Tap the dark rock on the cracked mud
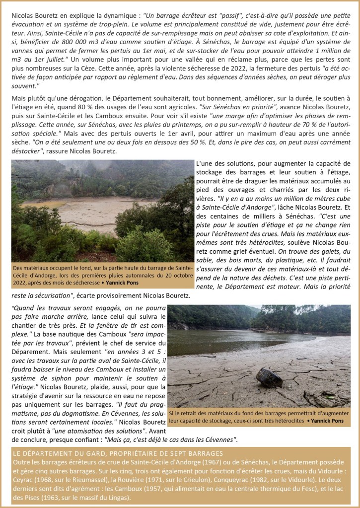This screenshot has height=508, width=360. (269, 378)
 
